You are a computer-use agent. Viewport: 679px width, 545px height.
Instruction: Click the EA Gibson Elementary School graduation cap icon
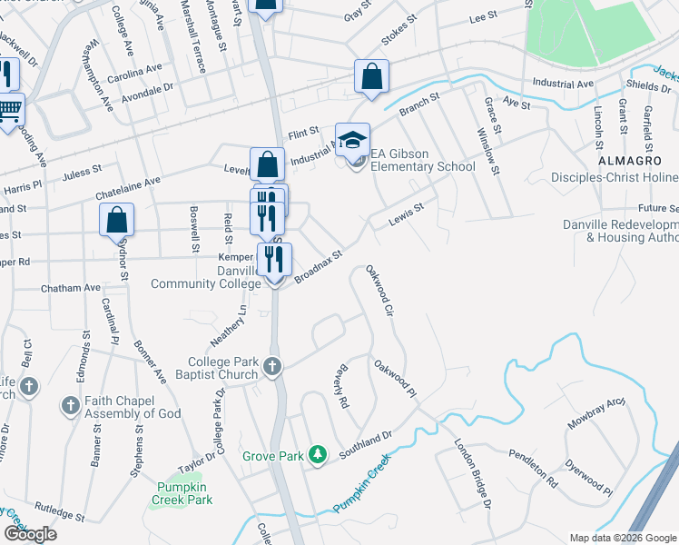353,140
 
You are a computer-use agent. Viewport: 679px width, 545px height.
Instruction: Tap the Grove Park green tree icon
318,453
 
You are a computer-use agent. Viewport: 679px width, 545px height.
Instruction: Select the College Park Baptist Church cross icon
271,368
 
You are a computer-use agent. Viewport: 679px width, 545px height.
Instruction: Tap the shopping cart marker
9,111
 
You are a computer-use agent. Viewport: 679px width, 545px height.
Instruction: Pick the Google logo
30,534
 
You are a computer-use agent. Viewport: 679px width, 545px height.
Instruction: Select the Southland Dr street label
366,444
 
